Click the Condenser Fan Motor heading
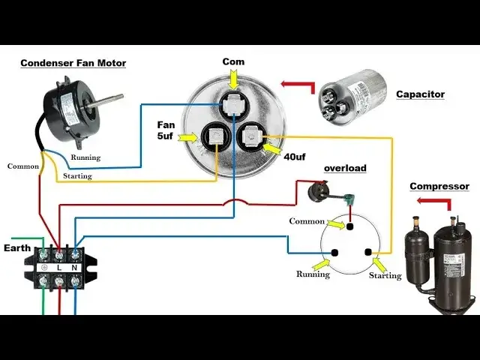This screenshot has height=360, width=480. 73,63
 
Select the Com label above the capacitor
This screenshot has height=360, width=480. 234,61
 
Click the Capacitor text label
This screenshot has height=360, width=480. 420,94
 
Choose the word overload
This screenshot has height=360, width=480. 345,168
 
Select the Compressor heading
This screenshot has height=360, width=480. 439,186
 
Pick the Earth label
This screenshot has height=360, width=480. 16,247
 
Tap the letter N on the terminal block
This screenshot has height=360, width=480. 76,267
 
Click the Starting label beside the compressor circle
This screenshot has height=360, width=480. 385,276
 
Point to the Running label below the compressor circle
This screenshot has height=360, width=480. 312,274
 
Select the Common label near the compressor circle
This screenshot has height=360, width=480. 307,221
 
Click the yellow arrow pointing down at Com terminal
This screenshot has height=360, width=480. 233,76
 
